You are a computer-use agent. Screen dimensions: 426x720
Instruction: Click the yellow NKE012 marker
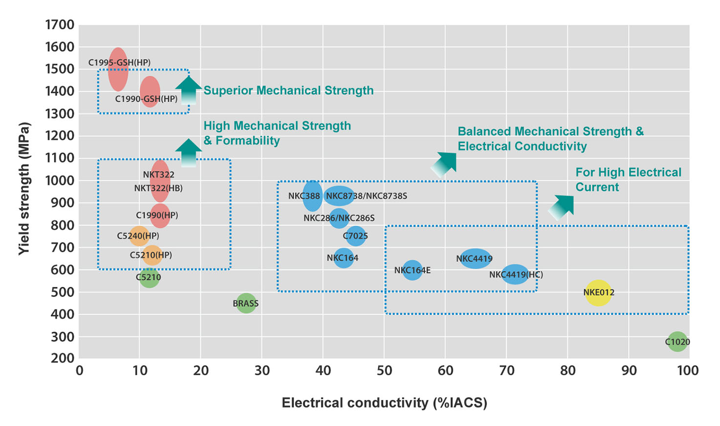pos(598,293)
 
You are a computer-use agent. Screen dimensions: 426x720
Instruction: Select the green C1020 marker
pos(678,341)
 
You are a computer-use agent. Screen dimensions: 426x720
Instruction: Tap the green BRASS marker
pos(246,303)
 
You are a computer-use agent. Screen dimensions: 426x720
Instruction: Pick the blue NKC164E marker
pos(412,270)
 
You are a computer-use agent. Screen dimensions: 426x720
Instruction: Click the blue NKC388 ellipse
pos(312,196)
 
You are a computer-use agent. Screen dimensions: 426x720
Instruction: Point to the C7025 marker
pos(356,236)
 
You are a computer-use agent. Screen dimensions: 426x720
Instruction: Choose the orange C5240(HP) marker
pos(139,236)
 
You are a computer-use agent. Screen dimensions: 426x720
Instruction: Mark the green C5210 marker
pos(149,277)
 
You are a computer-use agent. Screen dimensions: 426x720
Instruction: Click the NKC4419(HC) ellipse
pos(515,274)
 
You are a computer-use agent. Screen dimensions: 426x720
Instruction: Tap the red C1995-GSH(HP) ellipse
pos(118,70)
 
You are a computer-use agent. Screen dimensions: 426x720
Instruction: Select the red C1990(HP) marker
pos(160,215)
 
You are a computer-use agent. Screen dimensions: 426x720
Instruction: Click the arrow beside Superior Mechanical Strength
pos(188,90)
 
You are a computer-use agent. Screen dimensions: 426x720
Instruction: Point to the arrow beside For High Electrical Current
pos(562,207)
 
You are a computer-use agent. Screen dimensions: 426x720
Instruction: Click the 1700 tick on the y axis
pos(60,24)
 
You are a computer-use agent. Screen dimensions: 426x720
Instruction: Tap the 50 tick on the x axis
pos(384,371)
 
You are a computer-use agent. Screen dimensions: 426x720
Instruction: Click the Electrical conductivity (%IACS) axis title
pos(384,403)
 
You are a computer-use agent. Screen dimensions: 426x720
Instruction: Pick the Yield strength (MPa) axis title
pos(24,188)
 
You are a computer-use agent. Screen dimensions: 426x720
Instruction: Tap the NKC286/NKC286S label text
pos(339,218)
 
